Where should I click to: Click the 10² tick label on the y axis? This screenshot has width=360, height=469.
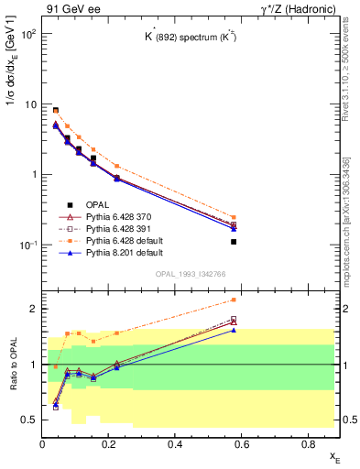[29, 34]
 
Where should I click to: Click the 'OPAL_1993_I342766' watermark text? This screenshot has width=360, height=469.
[191, 274]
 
